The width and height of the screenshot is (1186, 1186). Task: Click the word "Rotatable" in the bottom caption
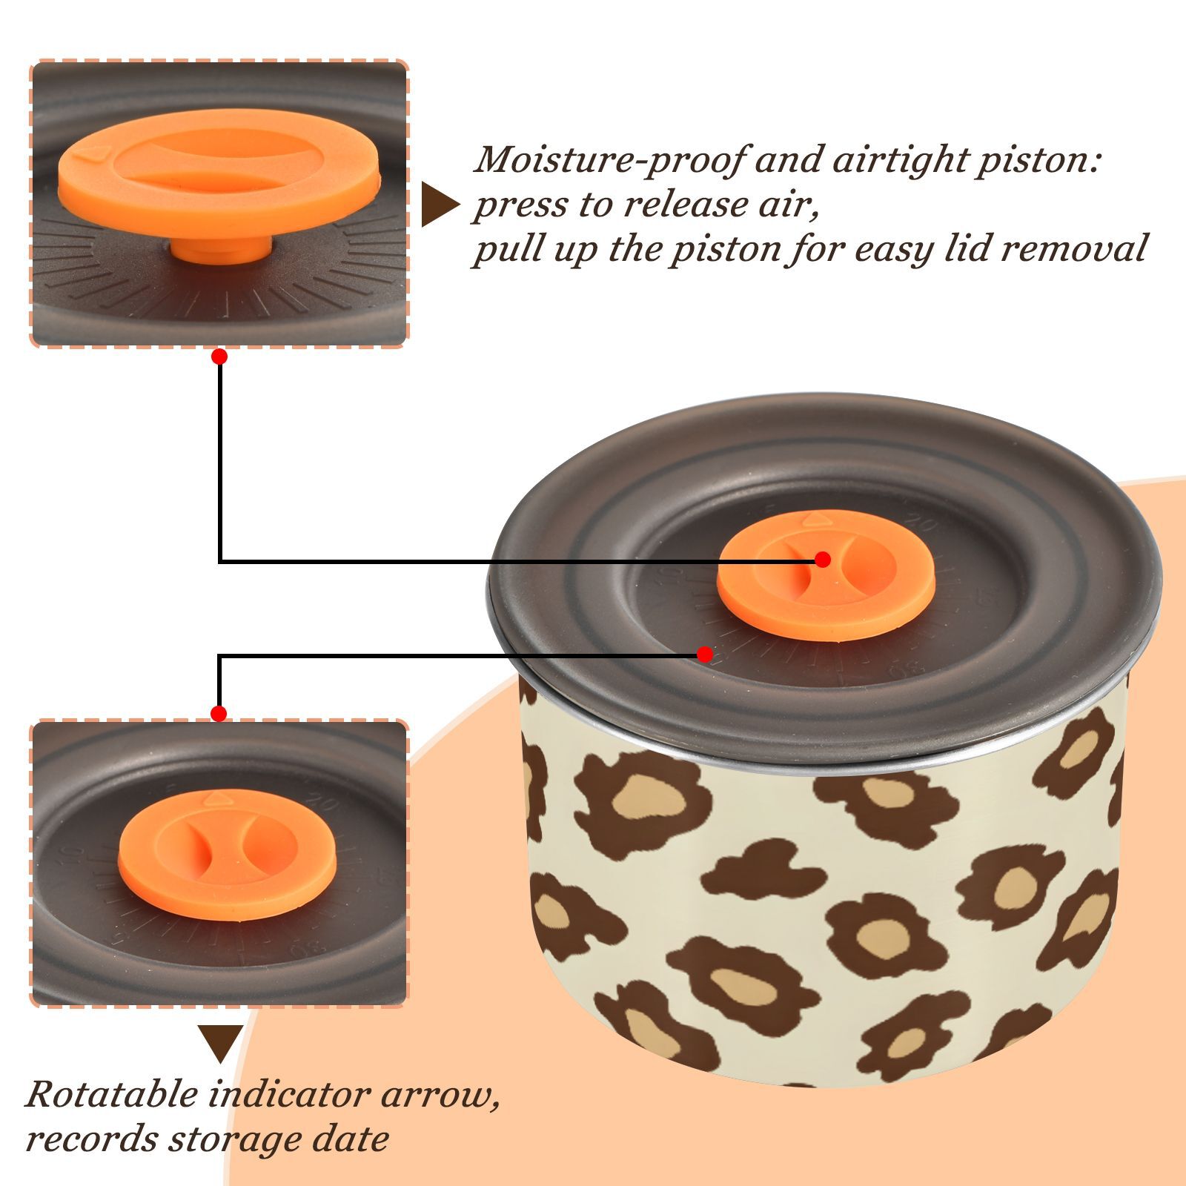coord(112,1094)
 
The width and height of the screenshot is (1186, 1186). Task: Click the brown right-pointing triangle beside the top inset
coord(440,205)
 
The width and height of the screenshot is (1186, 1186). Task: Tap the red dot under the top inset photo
coord(219,357)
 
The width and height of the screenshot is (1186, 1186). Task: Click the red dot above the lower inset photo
coord(219,714)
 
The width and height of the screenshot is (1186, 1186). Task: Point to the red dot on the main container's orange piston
coord(822,560)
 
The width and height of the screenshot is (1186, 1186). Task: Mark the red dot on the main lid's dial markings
coord(705,655)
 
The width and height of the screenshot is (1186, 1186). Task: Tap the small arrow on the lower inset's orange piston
coord(216,798)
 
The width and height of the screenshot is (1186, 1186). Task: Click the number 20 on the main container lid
coord(919,523)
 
